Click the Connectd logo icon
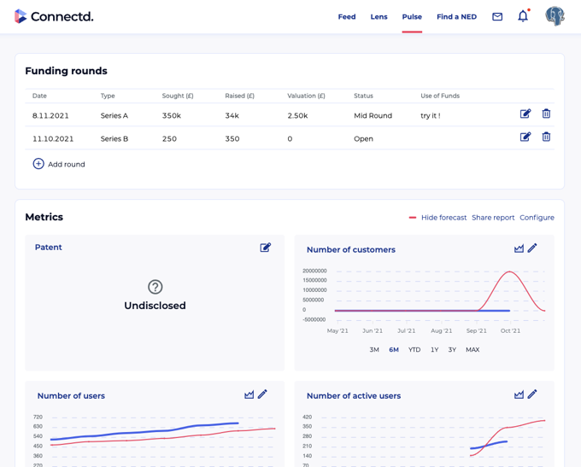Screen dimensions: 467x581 pos(21,16)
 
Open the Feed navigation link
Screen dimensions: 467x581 pos(346,17)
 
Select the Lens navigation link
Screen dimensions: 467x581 pos(379,17)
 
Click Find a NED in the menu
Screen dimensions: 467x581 pos(456,17)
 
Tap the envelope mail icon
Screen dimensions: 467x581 pos(497,17)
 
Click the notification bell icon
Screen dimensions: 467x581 pos(523,16)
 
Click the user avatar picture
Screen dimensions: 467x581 pos(555,16)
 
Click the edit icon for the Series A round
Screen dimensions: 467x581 pos(525,114)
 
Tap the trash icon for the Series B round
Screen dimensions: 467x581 pos(546,137)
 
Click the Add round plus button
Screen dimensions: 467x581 pos(38,164)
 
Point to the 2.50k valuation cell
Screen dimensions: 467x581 pos(297,115)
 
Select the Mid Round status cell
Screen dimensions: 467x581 pos(373,115)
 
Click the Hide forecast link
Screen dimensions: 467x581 pos(443,218)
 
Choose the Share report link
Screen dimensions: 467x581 pos(493,218)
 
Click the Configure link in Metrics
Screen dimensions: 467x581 pos(537,218)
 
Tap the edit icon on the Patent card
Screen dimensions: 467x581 pos(266,248)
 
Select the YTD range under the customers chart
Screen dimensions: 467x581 pos(414,350)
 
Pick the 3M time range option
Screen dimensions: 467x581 pos(374,350)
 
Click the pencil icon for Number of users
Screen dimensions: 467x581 pos(263,394)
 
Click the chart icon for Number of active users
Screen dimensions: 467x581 pos(519,394)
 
